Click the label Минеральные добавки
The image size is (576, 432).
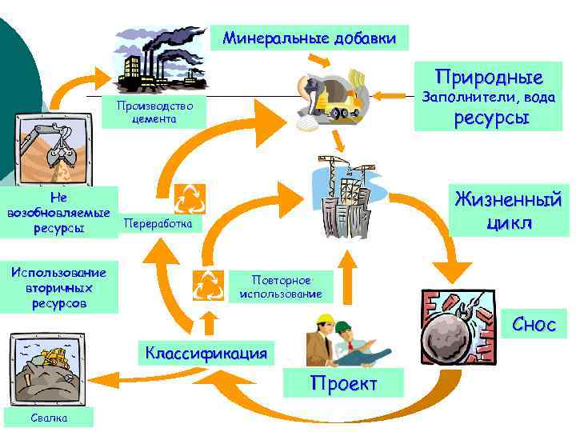point(309,38)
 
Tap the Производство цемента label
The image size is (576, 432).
point(154,113)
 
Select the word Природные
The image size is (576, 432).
point(489,78)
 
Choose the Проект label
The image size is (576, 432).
point(343,384)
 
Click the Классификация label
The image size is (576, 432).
point(206,351)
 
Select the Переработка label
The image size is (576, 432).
point(158,226)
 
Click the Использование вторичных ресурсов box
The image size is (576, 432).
point(59,286)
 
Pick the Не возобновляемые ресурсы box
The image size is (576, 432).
point(58,212)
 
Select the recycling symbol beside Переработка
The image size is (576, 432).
point(190,198)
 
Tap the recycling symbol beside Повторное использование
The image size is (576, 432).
point(209,283)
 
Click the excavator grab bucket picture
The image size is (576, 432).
point(50,149)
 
